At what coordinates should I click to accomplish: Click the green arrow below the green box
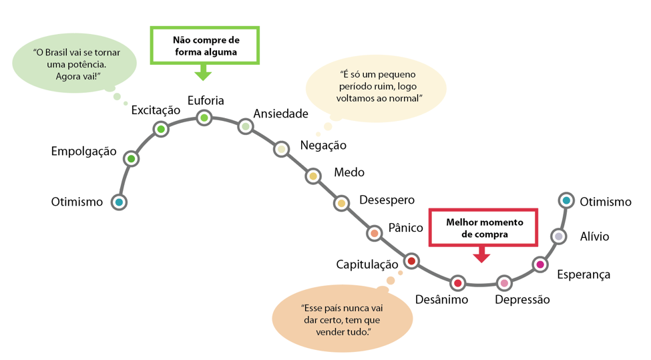pos(203,72)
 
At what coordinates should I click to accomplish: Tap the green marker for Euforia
pos(204,118)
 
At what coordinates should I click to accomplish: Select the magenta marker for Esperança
pos(540,265)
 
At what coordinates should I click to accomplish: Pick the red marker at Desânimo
pos(457,283)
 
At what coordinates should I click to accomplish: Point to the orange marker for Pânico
pos(375,233)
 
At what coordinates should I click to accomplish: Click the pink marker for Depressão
pos(504,283)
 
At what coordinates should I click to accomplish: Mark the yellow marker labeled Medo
pos(312,176)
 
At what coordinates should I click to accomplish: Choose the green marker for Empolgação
pos(132,159)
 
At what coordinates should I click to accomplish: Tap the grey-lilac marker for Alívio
pos(558,236)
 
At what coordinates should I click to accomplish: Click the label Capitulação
pos(367,264)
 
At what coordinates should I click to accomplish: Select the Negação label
pos(323,145)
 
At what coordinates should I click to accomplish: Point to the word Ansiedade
pos(280,114)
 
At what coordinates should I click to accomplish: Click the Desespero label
pos(387,200)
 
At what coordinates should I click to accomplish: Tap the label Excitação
pos(156,110)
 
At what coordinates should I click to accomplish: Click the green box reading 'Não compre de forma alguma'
pos(205,45)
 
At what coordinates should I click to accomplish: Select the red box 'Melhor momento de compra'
pos(484,228)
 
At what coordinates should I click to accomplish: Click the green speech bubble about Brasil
pos(74,64)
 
